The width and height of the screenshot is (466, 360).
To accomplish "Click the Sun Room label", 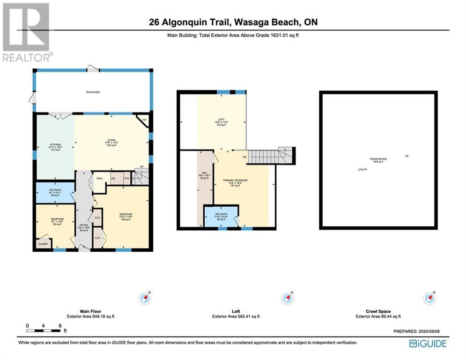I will [93, 92].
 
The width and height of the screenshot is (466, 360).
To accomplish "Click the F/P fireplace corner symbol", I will [144, 119].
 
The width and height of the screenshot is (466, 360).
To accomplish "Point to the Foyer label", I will [84, 228].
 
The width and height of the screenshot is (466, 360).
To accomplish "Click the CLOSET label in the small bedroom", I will [43, 244].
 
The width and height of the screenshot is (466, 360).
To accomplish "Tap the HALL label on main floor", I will [99, 178].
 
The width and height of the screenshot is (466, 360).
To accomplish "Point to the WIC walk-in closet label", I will [205, 175].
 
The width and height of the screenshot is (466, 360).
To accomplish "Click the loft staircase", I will [266, 156].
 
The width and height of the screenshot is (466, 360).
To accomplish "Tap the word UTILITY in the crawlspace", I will [362, 170].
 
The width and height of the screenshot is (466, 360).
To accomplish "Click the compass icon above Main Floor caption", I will [144, 298].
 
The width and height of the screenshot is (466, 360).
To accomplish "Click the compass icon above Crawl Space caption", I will [429, 298].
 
